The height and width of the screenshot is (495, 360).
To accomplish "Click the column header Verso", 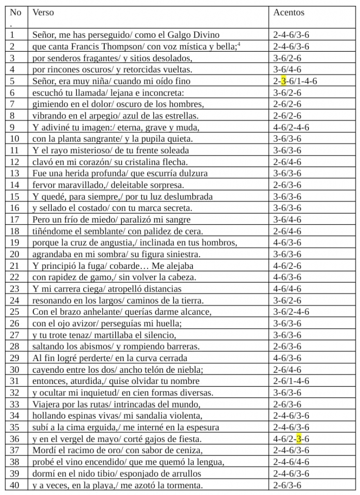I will [x=43, y=13].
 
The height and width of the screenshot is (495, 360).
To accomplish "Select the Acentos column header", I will [x=289, y=13].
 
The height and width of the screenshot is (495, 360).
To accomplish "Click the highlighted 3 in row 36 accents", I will [x=299, y=439].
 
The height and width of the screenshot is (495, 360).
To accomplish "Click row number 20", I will [x=14, y=254].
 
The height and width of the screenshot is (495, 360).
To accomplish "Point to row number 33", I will [x=14, y=404].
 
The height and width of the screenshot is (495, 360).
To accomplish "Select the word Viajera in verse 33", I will [x=45, y=404].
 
